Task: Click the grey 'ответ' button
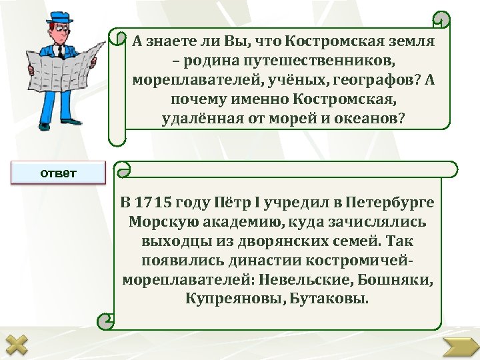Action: [58, 173]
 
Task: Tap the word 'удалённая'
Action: [196, 119]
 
